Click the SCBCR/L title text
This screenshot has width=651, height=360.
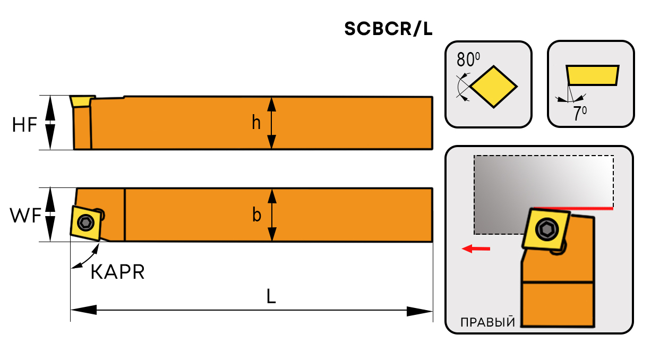388,30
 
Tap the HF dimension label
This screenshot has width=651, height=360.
25,125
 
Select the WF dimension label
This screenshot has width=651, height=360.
25,216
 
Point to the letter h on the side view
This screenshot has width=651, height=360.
256,123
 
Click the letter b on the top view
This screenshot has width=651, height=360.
256,215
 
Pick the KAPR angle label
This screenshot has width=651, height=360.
117,272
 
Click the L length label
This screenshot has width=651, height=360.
271,297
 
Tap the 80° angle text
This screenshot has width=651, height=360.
467,58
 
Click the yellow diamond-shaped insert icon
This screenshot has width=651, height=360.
494,87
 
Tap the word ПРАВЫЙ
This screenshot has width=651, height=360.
487,323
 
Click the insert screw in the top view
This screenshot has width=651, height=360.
85,222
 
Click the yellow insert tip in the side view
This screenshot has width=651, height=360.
81,101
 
